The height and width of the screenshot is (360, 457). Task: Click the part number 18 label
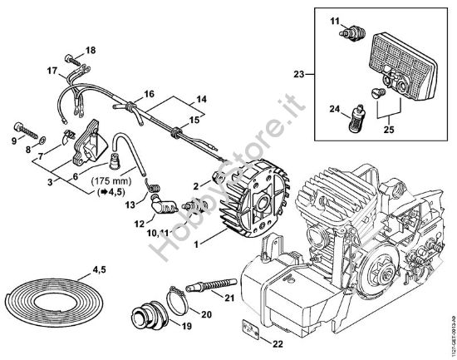click(91, 51)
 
